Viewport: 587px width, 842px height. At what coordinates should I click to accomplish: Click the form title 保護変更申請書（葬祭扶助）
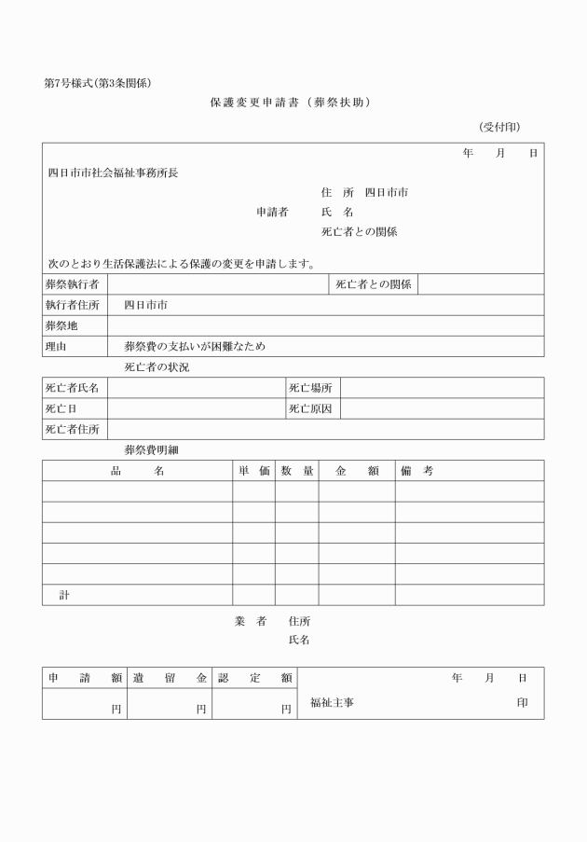point(291,103)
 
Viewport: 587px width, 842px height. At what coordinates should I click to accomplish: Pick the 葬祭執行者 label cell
point(73,283)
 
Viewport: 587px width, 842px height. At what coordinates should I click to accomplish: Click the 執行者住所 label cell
point(73,305)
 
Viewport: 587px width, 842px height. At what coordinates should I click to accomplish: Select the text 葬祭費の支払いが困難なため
point(195,346)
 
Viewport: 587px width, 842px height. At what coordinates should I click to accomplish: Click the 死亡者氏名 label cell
point(73,387)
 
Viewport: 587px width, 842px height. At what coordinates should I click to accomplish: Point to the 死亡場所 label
point(310,387)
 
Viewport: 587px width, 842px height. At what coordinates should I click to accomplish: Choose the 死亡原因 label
point(310,408)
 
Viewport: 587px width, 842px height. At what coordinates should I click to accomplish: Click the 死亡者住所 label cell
point(73,429)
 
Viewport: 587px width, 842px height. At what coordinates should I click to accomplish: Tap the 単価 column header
point(253,471)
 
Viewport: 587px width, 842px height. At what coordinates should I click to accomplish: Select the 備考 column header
point(416,471)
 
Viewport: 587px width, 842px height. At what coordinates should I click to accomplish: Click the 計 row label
point(64,595)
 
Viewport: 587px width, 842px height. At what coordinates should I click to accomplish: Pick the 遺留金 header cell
point(169,678)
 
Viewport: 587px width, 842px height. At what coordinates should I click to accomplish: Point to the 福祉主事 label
point(332,702)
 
